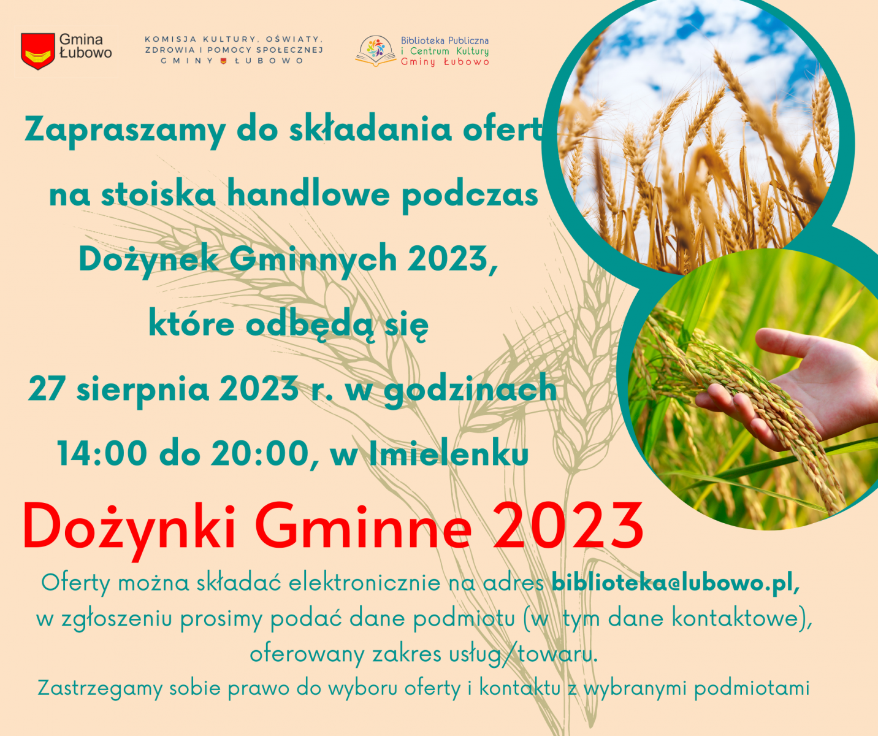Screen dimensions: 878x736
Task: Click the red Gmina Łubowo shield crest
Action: click(38, 51)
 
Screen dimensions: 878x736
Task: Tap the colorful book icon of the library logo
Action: click(375, 52)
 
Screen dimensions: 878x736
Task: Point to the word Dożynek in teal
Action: click(149, 260)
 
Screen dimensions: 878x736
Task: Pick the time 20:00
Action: click(260, 453)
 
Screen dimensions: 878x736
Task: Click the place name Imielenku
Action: click(449, 453)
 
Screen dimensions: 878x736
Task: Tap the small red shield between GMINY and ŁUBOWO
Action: click(224, 61)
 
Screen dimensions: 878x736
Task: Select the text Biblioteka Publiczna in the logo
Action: click(445, 41)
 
